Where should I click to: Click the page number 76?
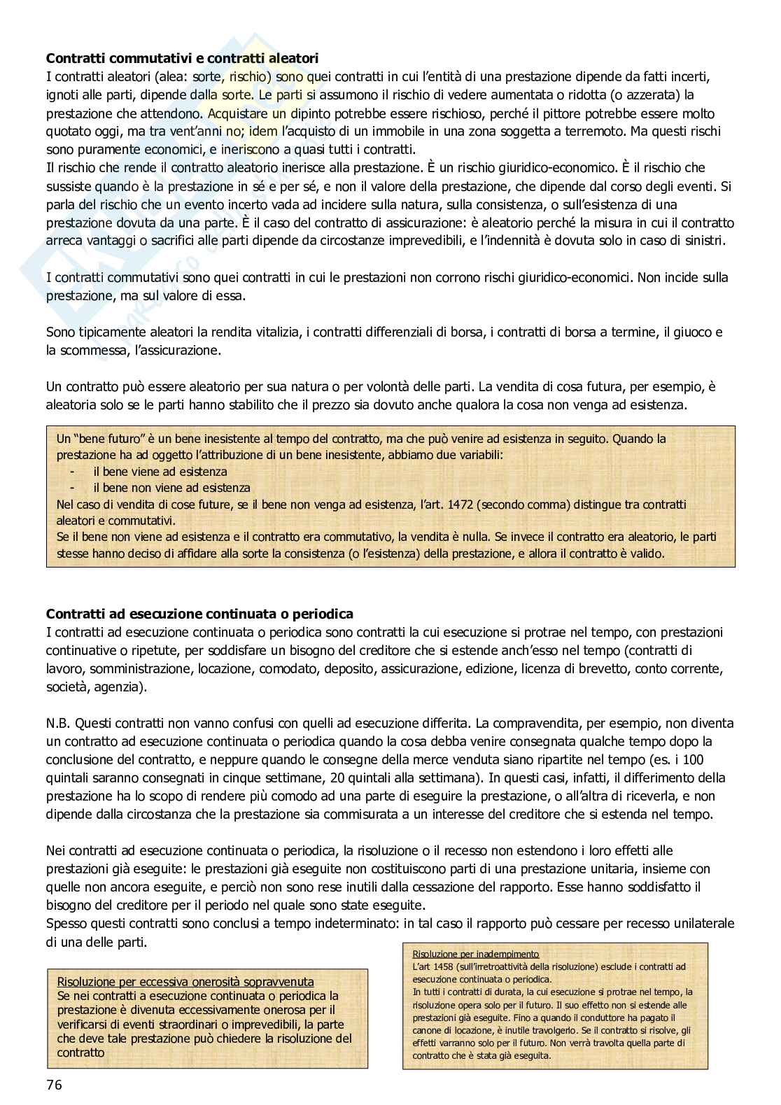coord(54,1085)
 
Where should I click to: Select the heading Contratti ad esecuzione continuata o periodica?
coord(199,614)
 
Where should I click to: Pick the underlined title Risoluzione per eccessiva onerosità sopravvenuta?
coord(185,982)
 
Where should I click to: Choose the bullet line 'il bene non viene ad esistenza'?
coord(171,488)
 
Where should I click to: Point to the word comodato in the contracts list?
coord(288,668)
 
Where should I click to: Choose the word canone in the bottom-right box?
coord(421,1030)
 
